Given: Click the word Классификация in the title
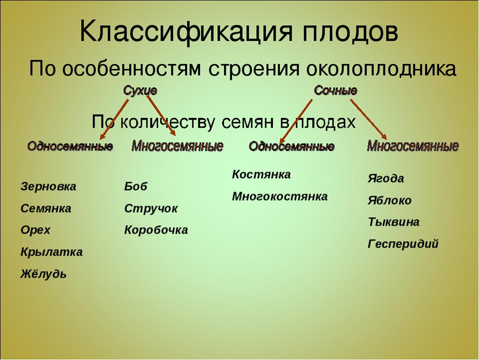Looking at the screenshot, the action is pyautogui.click(x=186, y=32).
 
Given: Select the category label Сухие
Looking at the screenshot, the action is pyautogui.click(x=140, y=91).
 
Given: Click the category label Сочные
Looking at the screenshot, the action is pyautogui.click(x=335, y=90).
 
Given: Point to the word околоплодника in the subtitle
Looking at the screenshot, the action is pyautogui.click(x=381, y=69).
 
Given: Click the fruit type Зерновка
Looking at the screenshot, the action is pyautogui.click(x=48, y=186).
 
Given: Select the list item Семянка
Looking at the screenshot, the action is pyautogui.click(x=46, y=208).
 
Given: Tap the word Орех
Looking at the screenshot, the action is pyautogui.click(x=35, y=230).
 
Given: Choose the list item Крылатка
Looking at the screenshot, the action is pyautogui.click(x=52, y=252).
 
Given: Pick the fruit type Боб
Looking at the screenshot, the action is pyautogui.click(x=136, y=186).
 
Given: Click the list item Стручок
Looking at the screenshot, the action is pyautogui.click(x=151, y=209).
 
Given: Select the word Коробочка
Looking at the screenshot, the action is pyautogui.click(x=156, y=230).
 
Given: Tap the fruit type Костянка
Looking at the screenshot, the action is pyautogui.click(x=262, y=175).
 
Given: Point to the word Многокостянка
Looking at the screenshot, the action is pyautogui.click(x=280, y=197).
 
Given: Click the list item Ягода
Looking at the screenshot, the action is pyautogui.click(x=386, y=178).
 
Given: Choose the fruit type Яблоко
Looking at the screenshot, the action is pyautogui.click(x=389, y=200).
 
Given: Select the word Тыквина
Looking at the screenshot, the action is pyautogui.click(x=394, y=222).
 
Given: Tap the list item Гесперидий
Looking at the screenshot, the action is pyautogui.click(x=403, y=244).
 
